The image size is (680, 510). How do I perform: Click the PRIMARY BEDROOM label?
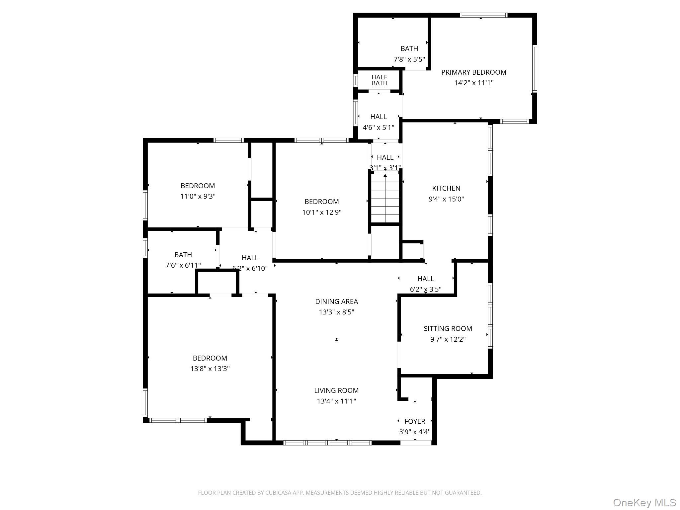coord(473,72)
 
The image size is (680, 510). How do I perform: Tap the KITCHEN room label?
coord(446,188)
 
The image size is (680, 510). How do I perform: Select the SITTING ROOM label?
coord(448,328)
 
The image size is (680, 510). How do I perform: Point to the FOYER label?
coord(414,421)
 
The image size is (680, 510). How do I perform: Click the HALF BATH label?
coord(379,80)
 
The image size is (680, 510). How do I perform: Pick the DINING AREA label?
coord(336,301)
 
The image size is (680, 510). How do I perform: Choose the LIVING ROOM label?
coord(336,390)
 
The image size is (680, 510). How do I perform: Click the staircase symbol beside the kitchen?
coord(385,199)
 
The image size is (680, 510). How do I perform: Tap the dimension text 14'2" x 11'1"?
coord(473,83)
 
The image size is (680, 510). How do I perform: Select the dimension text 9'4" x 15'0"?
coord(446,199)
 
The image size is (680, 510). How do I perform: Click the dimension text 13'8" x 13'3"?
coord(210,369)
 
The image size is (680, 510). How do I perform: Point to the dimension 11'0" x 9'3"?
coord(198,196)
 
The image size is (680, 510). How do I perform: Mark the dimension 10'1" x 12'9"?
coord(321,212)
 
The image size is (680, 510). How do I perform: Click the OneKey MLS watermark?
coord(644,502)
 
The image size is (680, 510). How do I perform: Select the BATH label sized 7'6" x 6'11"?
coord(183,255)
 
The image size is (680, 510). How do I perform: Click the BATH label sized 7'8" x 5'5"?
coord(409,48)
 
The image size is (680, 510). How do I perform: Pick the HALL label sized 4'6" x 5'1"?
coord(378,117)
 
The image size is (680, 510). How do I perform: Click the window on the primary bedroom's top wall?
coord(483,15)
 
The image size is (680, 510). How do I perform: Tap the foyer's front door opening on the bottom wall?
coord(416,443)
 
